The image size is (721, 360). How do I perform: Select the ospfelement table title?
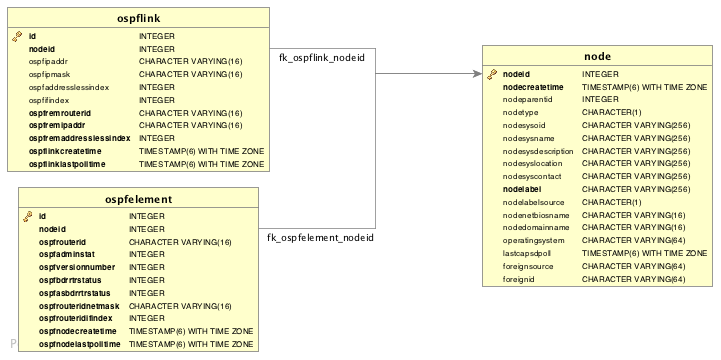(x=138, y=199)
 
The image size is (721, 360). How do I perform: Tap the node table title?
(x=597, y=56)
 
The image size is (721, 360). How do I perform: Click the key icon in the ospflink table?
(x=17, y=36)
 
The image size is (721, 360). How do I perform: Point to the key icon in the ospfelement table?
(x=27, y=216)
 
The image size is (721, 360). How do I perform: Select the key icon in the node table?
(x=492, y=74)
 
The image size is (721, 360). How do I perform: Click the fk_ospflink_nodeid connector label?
(x=321, y=58)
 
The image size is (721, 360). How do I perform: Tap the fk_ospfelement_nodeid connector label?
(x=320, y=238)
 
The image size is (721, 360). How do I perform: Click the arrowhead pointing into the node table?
(x=476, y=73)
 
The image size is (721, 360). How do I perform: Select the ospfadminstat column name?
(x=67, y=255)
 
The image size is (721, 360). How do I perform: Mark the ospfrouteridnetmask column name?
(x=79, y=306)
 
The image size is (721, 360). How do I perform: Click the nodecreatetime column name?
(x=533, y=87)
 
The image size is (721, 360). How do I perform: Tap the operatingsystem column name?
(x=534, y=241)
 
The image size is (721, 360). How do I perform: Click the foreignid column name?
(x=520, y=279)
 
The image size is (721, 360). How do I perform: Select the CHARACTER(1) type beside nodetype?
(x=611, y=113)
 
